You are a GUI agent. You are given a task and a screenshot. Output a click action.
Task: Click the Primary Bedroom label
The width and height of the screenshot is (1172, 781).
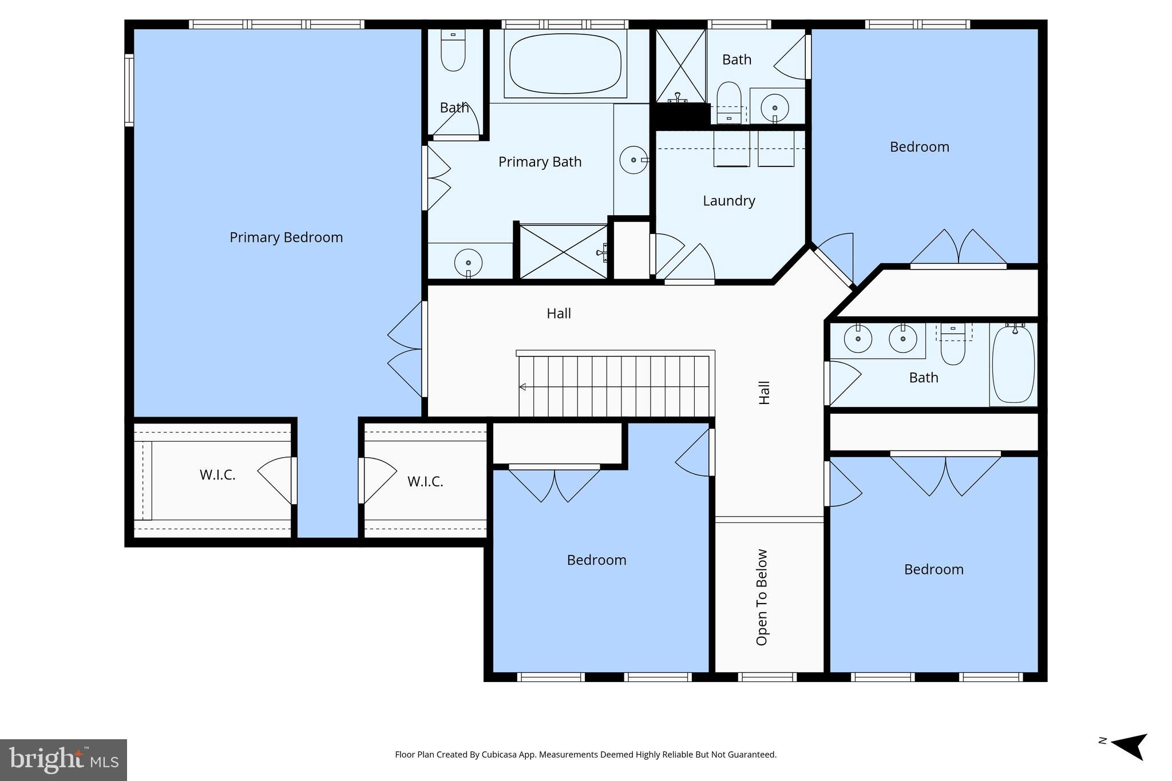286,237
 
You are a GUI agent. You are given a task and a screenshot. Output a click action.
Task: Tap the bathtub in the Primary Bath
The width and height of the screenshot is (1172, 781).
565,63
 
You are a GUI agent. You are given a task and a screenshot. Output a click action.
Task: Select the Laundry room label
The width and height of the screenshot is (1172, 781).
728,201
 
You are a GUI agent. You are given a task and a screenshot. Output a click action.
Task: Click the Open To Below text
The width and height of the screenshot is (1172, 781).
762,597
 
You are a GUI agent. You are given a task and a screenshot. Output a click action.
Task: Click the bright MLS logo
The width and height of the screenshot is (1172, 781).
64,760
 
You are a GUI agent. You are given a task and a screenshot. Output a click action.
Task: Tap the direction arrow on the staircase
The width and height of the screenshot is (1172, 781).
522,387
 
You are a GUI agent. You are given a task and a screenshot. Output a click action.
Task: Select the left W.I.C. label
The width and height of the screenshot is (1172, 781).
217,475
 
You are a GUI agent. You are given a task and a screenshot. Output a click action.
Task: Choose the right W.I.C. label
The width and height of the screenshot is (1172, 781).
425,482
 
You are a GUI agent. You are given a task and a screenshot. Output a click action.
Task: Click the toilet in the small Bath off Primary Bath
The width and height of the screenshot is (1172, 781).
453,51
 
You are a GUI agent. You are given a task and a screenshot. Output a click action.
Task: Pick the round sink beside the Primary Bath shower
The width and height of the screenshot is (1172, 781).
468,263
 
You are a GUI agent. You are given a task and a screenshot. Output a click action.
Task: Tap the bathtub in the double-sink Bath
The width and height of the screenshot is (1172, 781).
1013,364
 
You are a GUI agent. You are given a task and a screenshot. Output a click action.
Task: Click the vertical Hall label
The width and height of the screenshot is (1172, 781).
765,393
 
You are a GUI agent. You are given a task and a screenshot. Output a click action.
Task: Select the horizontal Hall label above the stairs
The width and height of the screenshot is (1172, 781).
559,314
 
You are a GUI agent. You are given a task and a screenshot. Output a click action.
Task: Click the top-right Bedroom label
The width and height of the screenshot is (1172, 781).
919,147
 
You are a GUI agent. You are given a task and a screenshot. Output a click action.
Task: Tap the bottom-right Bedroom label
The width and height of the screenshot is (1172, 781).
933,569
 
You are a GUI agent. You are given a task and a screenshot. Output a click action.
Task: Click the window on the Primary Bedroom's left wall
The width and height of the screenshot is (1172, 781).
129,90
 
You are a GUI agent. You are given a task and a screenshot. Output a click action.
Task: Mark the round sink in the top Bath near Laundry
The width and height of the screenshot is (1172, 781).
775,107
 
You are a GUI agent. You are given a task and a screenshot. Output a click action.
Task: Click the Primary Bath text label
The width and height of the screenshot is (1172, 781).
540,162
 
